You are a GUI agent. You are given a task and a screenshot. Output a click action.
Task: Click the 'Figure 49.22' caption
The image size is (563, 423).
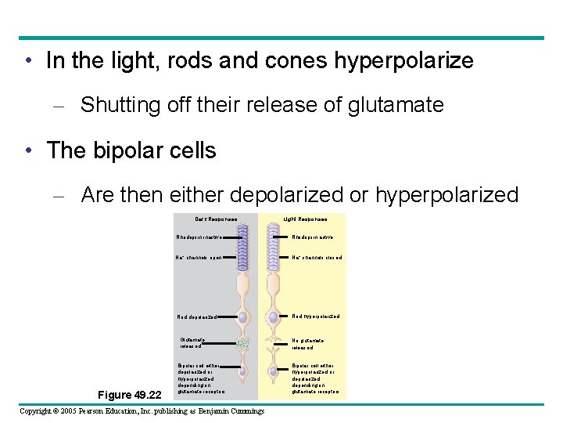pos(129,394)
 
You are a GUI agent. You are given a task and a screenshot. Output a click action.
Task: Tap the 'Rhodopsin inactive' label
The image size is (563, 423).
pos(196,237)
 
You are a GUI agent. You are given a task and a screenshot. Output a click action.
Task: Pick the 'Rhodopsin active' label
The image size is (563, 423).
pos(313,237)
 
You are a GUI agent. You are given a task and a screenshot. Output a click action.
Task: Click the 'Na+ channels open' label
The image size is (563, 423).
pos(199,257)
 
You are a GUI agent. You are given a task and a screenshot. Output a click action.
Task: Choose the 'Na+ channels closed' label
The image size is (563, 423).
pos(317,257)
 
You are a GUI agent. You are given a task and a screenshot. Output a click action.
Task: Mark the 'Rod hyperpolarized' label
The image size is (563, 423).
pos(316,316)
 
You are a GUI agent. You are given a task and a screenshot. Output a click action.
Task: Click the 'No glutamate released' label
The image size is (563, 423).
pos(307,343)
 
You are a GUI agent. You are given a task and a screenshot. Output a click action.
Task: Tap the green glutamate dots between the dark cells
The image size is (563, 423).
pos(243,344)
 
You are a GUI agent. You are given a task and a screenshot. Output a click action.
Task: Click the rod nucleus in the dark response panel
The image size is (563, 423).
pos(243,317)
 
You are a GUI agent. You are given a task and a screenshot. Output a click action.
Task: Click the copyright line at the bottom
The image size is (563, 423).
pos(142,411)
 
